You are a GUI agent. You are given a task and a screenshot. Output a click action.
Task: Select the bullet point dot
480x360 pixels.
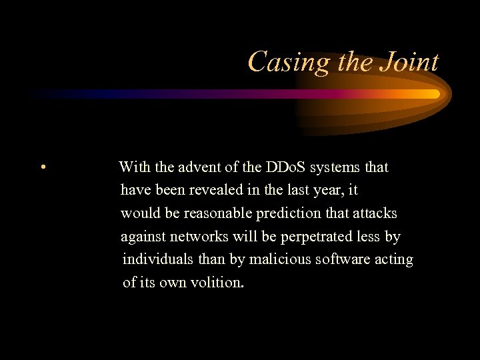pos(42,167)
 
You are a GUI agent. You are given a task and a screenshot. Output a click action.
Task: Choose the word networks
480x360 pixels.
pos(199,237)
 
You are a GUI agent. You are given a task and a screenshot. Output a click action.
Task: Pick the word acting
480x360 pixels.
pos(393,260)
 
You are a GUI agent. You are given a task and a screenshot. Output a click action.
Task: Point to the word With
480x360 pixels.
pos(135,167)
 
